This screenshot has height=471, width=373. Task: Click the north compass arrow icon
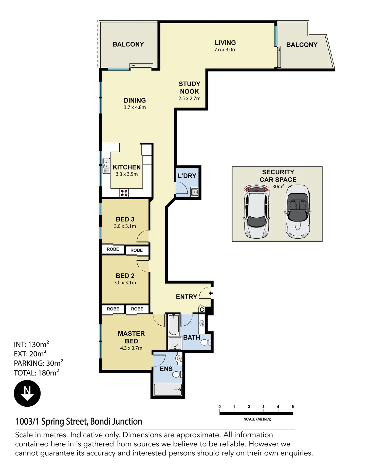[x=27, y=393]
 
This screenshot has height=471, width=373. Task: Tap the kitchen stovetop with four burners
[x=124, y=193]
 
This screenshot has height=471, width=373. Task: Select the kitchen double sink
[x=106, y=166]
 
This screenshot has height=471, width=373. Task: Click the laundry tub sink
[x=194, y=192]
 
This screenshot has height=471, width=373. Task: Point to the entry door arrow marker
[x=211, y=293]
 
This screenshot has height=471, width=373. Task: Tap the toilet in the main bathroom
[x=206, y=343]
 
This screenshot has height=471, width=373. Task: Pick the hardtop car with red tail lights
[x=256, y=212]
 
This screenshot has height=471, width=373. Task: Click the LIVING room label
[x=225, y=43]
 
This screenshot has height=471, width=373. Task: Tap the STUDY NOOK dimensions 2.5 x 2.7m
[x=189, y=98]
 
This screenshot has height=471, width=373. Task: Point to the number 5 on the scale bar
[x=293, y=407]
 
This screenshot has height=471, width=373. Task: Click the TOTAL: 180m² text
[x=36, y=373]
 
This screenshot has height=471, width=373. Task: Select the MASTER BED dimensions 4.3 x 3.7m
[x=131, y=348]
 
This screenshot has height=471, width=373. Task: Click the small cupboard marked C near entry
[x=202, y=310]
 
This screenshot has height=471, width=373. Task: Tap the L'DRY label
[x=187, y=176]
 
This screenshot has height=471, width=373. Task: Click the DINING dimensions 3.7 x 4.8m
[x=135, y=107]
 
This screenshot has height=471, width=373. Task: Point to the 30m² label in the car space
[x=278, y=186]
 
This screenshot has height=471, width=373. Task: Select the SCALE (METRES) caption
[x=257, y=419]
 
